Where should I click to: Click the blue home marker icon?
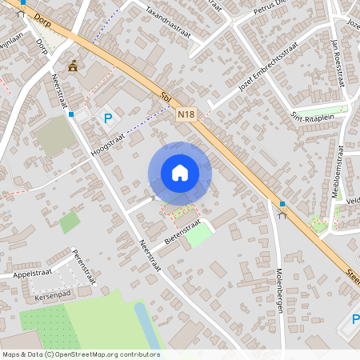[180, 173]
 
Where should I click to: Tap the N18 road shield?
[186, 115]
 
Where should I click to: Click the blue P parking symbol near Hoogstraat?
[108, 118]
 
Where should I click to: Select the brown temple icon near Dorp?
[74, 66]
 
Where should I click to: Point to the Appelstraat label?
[31, 274]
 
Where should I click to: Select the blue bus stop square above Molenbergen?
[282, 204]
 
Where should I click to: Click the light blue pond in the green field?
[143, 324]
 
